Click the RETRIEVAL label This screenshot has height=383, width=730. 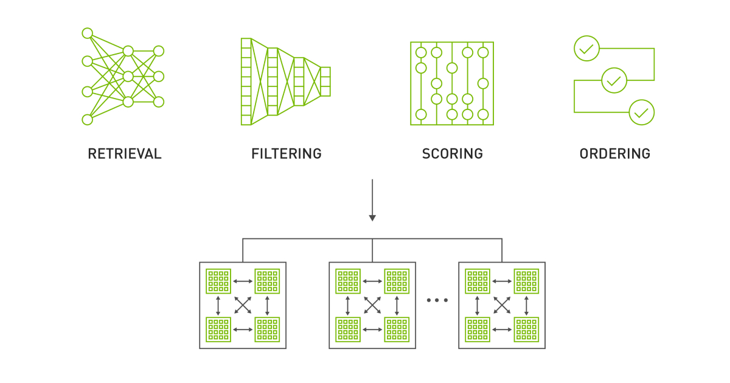[125, 154]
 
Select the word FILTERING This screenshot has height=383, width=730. [286, 154]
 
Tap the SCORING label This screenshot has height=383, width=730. [452, 154]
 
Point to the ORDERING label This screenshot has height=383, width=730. [614, 154]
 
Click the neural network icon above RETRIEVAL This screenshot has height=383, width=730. [123, 76]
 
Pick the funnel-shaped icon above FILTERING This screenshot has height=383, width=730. [285, 81]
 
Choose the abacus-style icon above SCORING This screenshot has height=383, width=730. [452, 83]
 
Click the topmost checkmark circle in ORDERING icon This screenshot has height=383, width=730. [586, 49]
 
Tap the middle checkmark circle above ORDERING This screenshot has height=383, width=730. [614, 80]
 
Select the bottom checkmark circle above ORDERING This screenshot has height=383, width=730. [641, 112]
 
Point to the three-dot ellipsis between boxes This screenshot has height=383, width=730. [437, 300]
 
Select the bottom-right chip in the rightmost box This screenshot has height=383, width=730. [526, 329]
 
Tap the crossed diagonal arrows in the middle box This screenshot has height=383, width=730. [372, 305]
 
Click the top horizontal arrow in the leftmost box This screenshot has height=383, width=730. [243, 281]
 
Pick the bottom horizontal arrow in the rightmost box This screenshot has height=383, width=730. [502, 329]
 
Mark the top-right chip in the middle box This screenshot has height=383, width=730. [397, 281]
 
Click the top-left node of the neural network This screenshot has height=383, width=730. [87, 33]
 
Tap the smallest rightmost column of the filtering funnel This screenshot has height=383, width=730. [325, 81]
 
